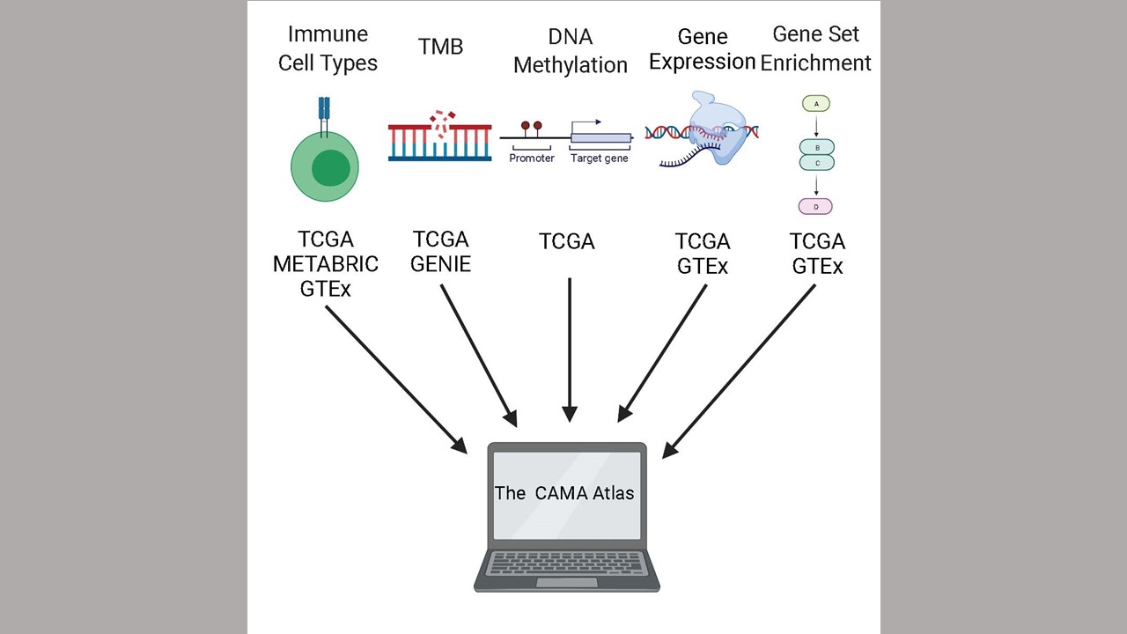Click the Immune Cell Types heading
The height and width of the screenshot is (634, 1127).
328,48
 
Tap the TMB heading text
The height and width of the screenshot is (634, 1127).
440,47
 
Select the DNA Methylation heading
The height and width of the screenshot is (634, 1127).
570,51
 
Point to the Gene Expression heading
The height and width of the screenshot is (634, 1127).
702,49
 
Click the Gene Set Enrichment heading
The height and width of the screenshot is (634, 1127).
815,48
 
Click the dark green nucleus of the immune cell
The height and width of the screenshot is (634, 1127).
330,167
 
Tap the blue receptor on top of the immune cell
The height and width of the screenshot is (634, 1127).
324,116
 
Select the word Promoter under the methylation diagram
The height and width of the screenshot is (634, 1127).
531,158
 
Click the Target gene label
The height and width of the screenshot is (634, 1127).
600,158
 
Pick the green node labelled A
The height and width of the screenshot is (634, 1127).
815,104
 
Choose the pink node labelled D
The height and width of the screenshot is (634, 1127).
815,206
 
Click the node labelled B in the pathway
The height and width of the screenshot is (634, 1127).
817,147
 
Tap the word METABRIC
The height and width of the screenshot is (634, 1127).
326,264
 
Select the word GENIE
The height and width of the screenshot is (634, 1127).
441,264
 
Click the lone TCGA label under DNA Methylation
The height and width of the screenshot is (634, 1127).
567,241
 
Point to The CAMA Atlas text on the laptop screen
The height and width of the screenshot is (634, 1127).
564,493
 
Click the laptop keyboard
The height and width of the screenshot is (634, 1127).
566,563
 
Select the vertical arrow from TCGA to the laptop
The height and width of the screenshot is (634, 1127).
570,350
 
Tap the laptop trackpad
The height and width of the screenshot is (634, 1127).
567,583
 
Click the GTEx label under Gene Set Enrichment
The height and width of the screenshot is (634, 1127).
817,266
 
